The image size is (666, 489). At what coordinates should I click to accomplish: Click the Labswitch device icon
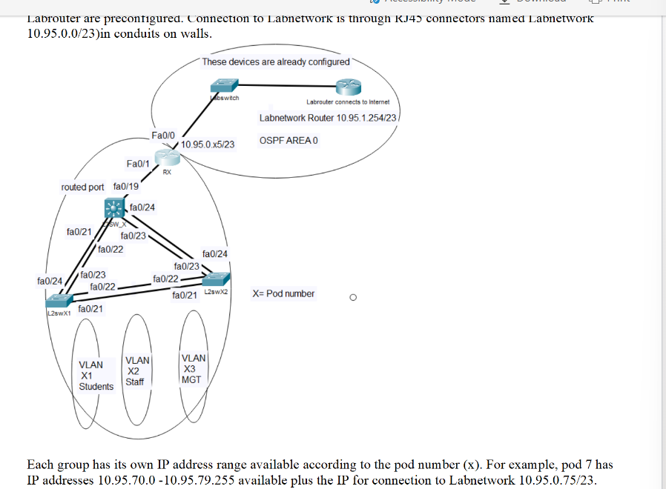pyautogui.click(x=220, y=85)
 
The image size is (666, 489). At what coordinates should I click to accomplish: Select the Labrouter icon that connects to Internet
pyautogui.click(x=347, y=87)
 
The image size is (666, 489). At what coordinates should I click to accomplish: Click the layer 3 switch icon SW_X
pyautogui.click(x=115, y=208)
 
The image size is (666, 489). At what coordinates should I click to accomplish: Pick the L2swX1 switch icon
pyautogui.click(x=57, y=301)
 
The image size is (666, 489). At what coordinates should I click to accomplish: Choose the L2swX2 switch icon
pyautogui.click(x=214, y=279)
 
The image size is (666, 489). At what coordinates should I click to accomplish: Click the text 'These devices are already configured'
pyautogui.click(x=275, y=61)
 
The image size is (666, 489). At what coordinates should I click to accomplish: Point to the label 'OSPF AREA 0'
pyautogui.click(x=289, y=141)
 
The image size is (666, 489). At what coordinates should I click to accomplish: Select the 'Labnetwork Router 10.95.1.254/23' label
pyautogui.click(x=329, y=118)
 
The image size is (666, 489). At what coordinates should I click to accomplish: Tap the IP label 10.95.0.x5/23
pyautogui.click(x=208, y=144)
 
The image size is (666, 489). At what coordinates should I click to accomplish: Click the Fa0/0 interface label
pyautogui.click(x=162, y=136)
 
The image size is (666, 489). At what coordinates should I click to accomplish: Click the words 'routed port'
pyautogui.click(x=82, y=187)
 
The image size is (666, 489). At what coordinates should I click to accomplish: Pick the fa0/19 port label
pyautogui.click(x=125, y=187)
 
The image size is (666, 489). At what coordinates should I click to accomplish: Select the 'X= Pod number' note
pyautogui.click(x=283, y=293)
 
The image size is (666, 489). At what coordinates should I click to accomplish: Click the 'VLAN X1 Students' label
pyautogui.click(x=96, y=376)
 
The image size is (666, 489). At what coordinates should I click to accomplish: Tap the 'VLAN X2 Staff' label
pyautogui.click(x=136, y=370)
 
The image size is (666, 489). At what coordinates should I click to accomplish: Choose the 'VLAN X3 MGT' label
pyautogui.click(x=192, y=368)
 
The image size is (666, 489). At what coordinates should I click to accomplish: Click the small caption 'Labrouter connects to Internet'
pyautogui.click(x=347, y=102)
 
